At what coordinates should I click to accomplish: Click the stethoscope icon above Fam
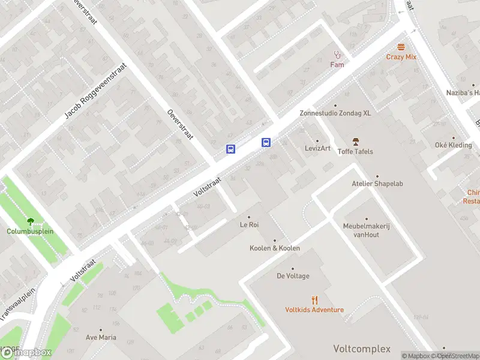337,54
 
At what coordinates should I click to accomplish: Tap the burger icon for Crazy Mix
401,47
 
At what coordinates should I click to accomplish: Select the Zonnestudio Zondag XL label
336,113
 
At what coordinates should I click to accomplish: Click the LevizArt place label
317,148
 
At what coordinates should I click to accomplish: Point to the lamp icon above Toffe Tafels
355,142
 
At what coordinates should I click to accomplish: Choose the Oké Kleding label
453,145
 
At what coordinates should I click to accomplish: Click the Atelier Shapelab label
377,184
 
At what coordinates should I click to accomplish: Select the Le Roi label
249,225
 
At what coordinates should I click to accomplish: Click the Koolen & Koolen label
275,248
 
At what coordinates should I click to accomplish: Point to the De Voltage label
293,276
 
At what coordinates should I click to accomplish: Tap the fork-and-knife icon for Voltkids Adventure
314,300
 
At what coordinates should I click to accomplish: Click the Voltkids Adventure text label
314,310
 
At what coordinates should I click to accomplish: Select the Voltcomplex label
362,349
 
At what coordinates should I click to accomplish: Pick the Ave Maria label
100,337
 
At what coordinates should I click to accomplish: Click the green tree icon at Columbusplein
30,221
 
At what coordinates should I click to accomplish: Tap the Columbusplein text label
30,231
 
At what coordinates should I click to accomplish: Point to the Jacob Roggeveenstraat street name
97,91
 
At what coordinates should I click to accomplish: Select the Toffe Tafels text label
355,151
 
